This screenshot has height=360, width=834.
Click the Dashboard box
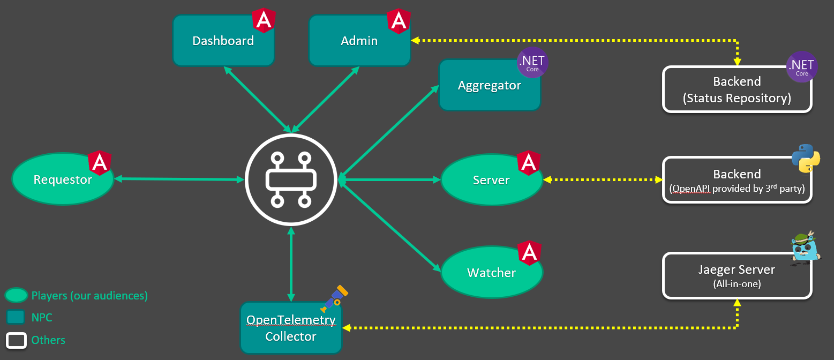tap(223, 41)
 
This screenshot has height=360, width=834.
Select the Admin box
tap(359, 41)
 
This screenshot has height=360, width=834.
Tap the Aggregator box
tap(489, 86)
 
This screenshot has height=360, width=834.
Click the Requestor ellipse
tap(63, 179)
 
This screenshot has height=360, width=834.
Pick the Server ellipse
tap(491, 180)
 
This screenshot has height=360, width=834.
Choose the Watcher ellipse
tap(491, 273)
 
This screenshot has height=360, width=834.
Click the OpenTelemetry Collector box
tap(291, 328)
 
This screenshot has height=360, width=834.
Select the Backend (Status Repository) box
tap(737, 89)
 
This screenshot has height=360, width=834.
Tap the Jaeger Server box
tap(737, 276)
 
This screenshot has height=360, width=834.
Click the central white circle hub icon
tap(291, 179)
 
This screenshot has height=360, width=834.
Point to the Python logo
tap(806, 158)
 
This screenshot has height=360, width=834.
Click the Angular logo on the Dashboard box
tap(264, 20)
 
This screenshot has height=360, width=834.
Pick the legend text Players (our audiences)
tap(89, 295)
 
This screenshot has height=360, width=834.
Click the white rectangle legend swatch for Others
tap(16, 340)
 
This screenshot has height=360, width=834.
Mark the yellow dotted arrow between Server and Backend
tap(603, 179)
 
